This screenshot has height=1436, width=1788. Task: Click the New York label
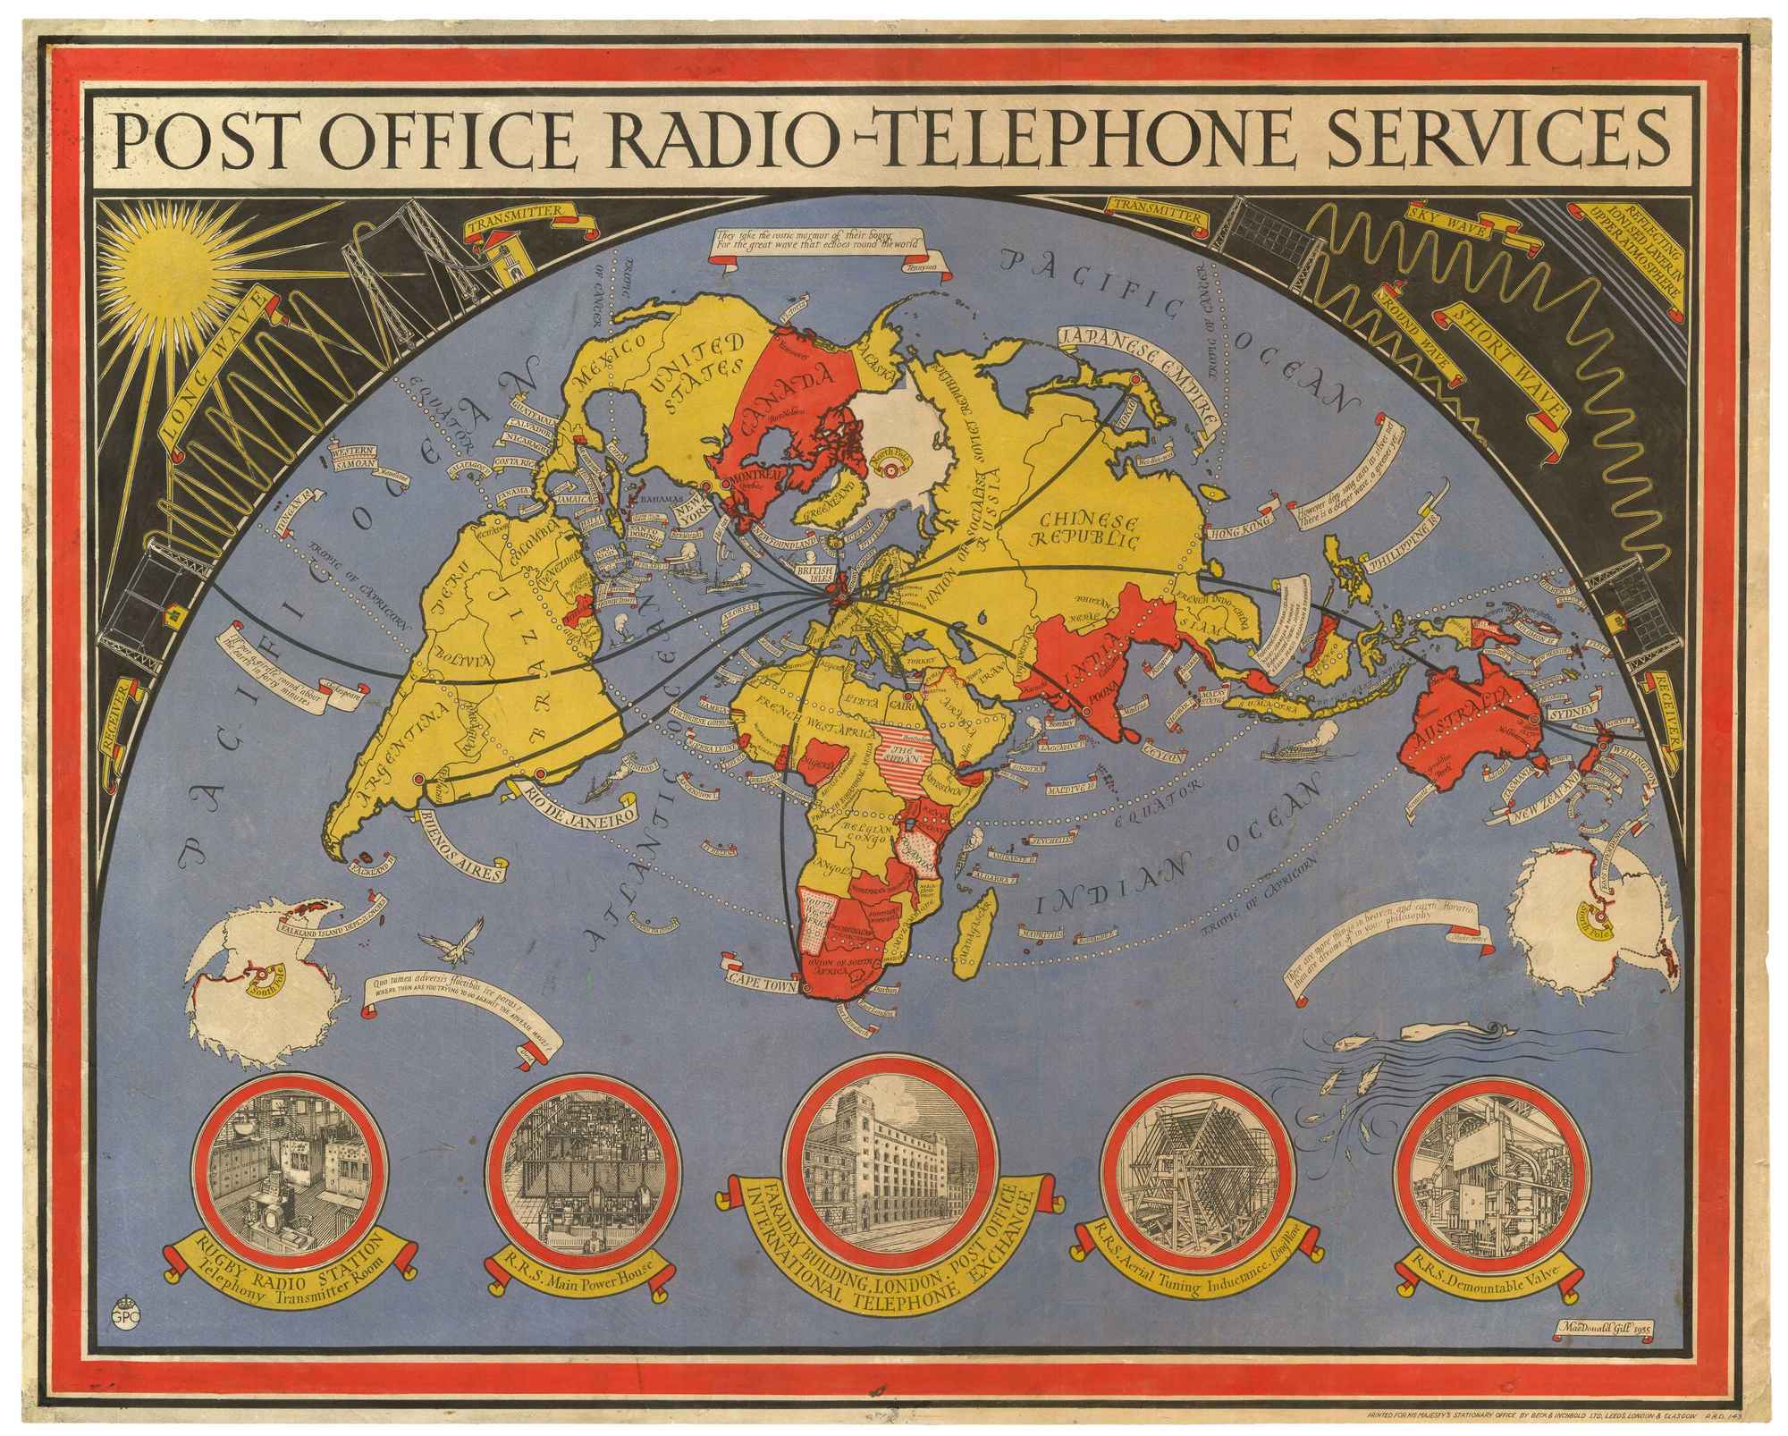click(689, 514)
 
